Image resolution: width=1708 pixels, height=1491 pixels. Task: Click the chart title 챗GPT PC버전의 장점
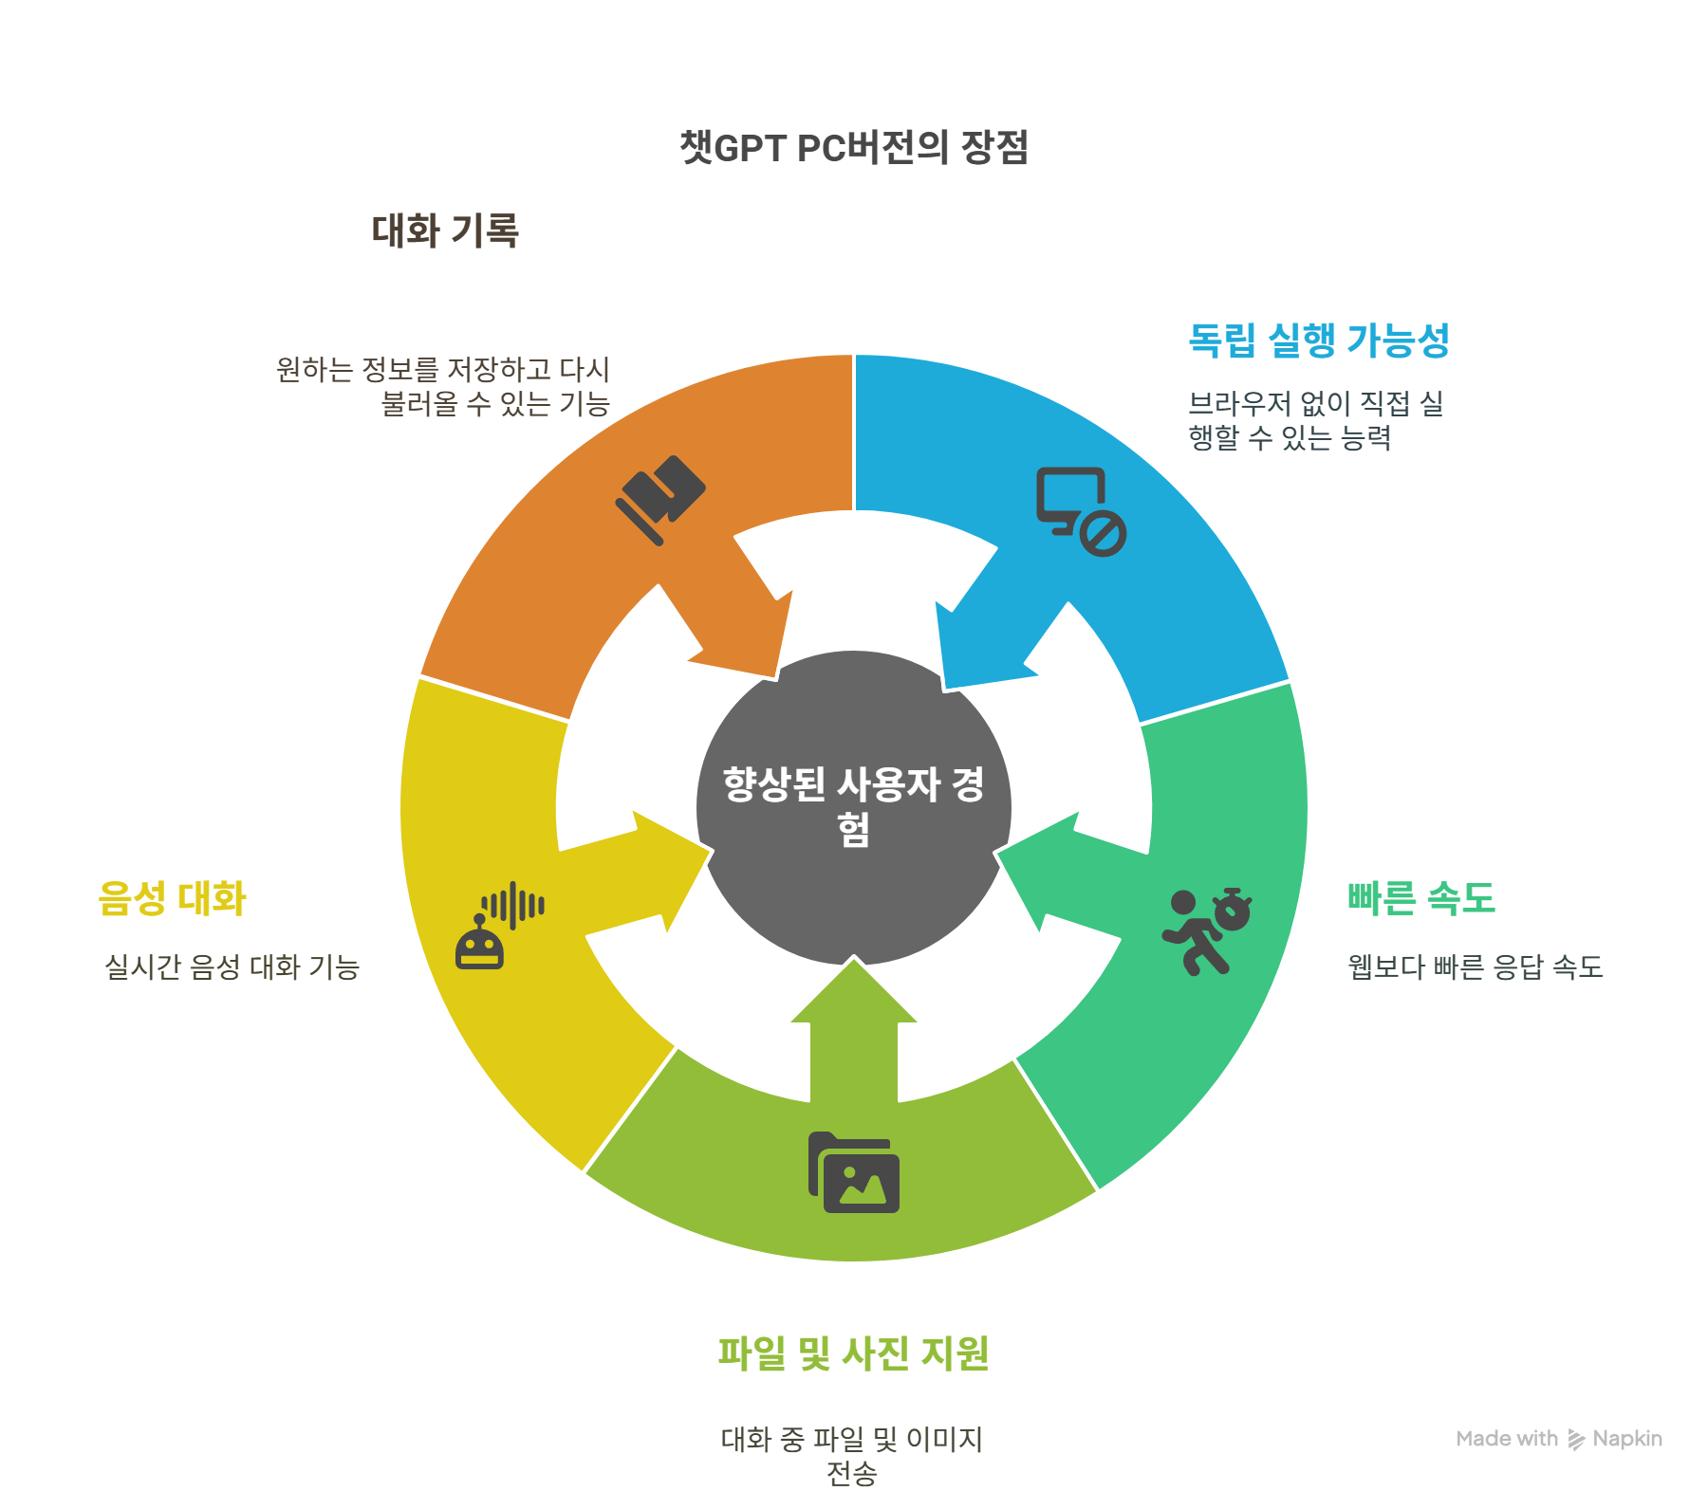click(854, 147)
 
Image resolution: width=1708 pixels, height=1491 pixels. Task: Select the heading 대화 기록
click(445, 230)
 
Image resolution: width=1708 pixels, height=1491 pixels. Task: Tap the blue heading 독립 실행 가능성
click(1319, 341)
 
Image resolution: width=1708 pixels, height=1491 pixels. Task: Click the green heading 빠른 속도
click(1420, 897)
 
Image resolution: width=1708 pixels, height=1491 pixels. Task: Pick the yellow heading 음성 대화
click(172, 897)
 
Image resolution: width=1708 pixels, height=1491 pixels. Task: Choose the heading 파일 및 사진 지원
click(853, 1353)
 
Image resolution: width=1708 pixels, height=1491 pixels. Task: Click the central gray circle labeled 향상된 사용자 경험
click(853, 807)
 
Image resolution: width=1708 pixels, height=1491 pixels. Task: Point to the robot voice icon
click(499, 925)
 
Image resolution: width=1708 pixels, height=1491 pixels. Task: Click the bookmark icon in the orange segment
click(660, 499)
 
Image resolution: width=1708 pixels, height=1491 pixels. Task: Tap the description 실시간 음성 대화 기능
click(232, 966)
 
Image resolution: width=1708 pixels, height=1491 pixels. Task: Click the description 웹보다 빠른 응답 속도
click(1475, 966)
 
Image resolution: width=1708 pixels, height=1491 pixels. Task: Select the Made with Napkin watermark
click(1558, 1439)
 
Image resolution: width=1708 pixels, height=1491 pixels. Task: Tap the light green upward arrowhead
click(854, 996)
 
